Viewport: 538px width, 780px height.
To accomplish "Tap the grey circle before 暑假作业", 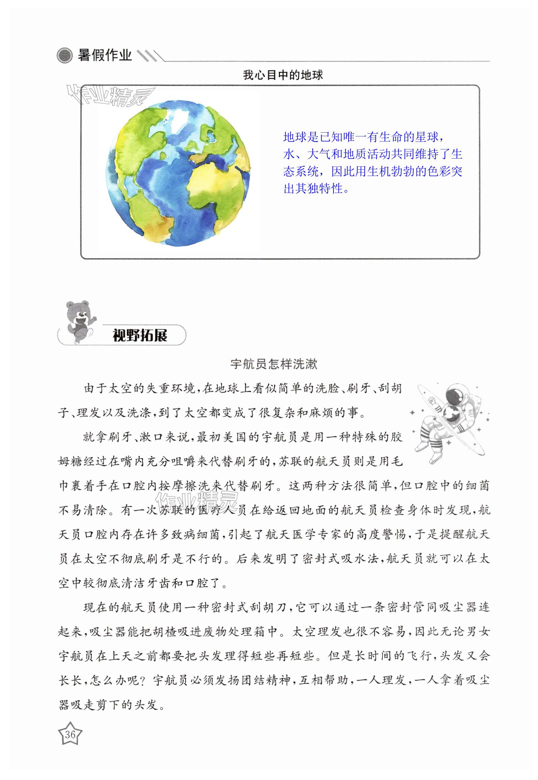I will pyautogui.click(x=64, y=55).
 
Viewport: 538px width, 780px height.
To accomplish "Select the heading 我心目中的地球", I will pyautogui.click(x=283, y=75).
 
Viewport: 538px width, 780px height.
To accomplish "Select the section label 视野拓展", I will pyautogui.click(x=140, y=335).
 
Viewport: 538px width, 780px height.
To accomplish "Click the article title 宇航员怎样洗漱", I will pyautogui.click(x=274, y=364).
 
